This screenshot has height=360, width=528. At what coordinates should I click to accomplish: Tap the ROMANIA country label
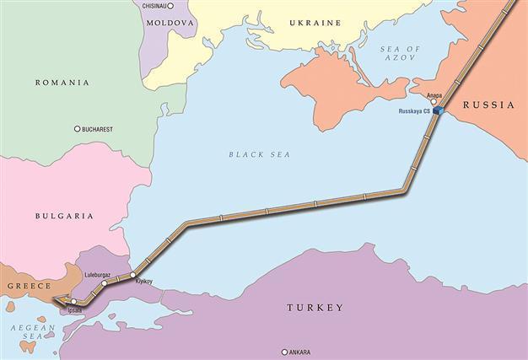(62, 83)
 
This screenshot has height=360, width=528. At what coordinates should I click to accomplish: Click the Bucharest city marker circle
(78, 129)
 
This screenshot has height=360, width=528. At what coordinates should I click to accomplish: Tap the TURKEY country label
(313, 308)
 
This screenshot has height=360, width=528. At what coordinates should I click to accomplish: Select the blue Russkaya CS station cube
(437, 110)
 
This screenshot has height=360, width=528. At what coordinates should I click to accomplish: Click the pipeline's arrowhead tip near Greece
(53, 298)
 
